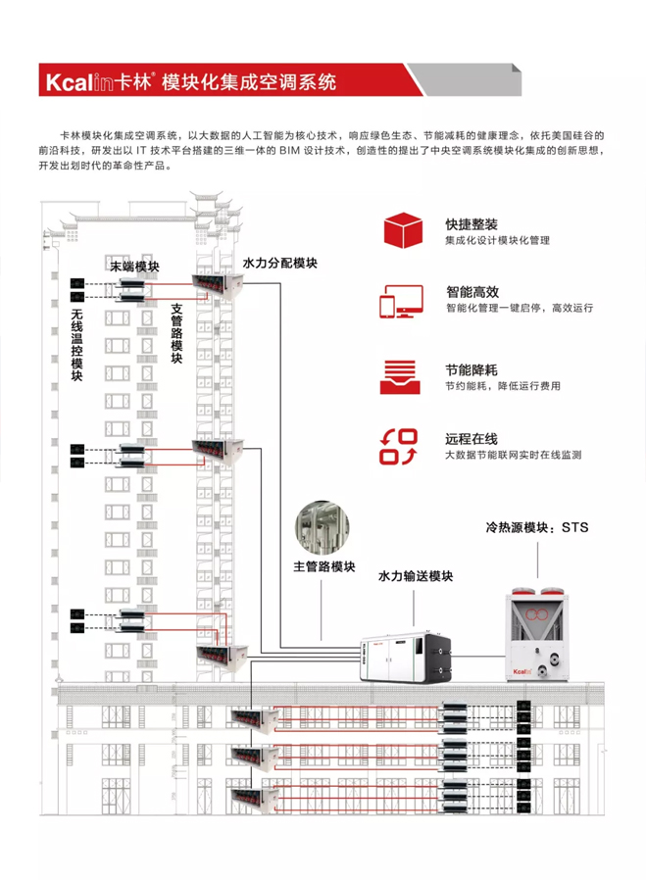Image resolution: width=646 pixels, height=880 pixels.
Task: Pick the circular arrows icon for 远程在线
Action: coord(400,446)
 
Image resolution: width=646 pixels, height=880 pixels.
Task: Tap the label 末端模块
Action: coord(134,267)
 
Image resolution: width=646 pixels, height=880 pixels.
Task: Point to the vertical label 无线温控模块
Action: coord(76,344)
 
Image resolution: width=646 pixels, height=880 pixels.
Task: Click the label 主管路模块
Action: coord(323,567)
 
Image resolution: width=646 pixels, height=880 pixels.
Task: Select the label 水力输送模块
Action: coord(416,577)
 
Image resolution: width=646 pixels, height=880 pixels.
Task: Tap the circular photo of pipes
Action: coord(323,528)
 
